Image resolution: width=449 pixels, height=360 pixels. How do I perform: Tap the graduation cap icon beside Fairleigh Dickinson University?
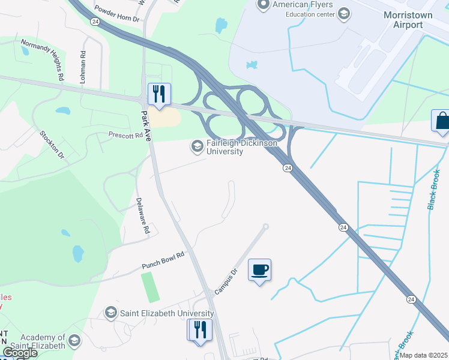[197, 146]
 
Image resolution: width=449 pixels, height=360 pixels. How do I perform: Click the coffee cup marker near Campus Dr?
[259, 270]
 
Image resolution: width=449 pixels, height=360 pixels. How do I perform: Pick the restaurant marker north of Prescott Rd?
[159, 94]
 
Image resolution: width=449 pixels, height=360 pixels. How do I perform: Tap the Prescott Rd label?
[126, 135]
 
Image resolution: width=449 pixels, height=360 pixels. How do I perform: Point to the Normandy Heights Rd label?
[43, 60]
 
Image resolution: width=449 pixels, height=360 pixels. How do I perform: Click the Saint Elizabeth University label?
[167, 313]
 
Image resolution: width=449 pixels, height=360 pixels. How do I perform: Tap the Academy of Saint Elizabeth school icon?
[74, 341]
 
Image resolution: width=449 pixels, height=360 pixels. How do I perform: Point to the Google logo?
[20, 353]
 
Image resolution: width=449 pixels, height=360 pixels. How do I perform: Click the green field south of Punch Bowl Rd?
[151, 287]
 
